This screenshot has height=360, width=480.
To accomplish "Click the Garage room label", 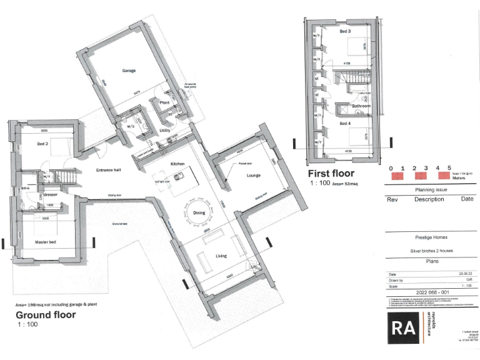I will coord(129,71).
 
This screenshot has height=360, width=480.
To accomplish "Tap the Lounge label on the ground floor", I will coord(254,176).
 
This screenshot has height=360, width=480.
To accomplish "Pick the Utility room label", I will coord(165,130).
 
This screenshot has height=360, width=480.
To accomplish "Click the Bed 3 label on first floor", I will coord(345,31).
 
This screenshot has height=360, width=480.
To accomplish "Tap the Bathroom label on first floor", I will coord(361,106).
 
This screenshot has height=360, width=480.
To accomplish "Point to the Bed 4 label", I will coord(345,124).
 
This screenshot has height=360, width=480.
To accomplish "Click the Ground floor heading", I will coord(46,314).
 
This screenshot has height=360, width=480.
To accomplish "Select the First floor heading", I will coord(331,173).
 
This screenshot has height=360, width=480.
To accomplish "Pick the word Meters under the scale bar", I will coord(460,177).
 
